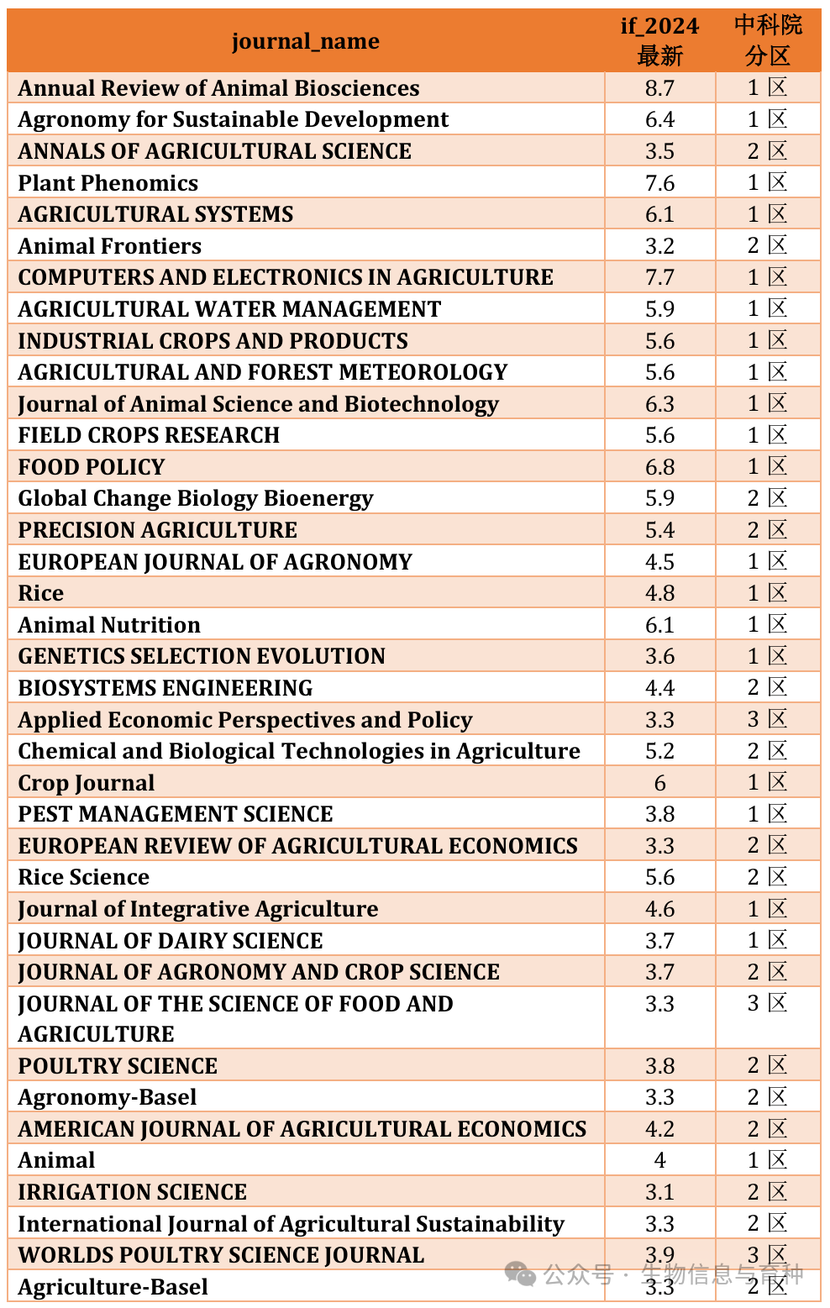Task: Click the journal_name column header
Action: point(305,41)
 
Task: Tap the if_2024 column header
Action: point(659,40)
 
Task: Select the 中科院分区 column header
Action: point(768,40)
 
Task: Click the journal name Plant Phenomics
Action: point(108,183)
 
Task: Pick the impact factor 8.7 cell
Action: point(659,88)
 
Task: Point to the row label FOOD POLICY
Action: point(92,467)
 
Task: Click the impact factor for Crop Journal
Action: point(659,783)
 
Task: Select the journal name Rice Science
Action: point(84,877)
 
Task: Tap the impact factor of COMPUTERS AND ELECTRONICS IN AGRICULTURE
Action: point(659,277)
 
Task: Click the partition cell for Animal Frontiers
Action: point(767,245)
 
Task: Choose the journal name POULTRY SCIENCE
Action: point(118,1066)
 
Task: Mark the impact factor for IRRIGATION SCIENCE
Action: point(659,1192)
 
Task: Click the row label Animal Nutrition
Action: point(109,625)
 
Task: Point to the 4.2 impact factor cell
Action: point(659,1129)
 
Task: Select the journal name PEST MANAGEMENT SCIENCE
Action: point(176,814)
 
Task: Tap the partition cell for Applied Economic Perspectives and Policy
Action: point(767,719)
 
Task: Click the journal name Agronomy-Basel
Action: point(108,1097)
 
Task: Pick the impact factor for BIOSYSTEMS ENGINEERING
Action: point(659,688)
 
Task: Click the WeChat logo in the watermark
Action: point(520,1274)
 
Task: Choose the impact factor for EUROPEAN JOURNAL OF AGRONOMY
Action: point(659,562)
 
